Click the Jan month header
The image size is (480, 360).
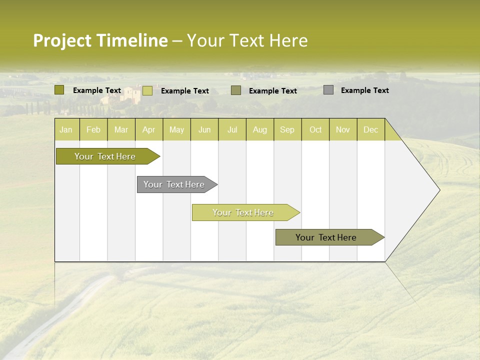click(66, 129)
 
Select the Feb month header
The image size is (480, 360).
click(93, 129)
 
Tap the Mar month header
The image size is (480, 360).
click(121, 129)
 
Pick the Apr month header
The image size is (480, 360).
click(149, 129)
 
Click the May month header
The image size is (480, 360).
click(176, 129)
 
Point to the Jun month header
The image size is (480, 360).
click(204, 129)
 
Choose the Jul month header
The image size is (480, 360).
click(232, 129)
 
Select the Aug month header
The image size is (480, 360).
click(260, 129)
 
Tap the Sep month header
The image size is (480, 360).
click(287, 129)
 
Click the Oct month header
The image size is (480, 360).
click(315, 129)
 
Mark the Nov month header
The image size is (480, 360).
click(343, 129)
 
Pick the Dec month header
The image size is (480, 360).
click(371, 129)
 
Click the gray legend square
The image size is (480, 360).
click(328, 90)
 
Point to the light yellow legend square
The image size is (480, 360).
click(147, 90)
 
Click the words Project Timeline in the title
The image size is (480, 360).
click(100, 40)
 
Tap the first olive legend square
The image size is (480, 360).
click(59, 90)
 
